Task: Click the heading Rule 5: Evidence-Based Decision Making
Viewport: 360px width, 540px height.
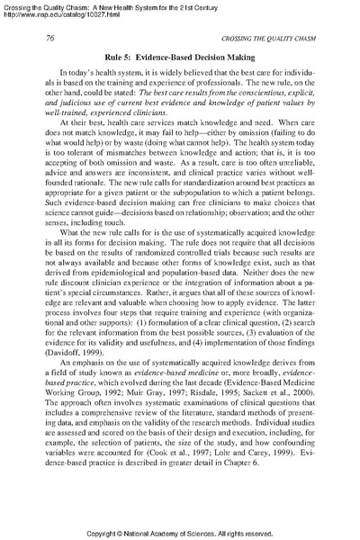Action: pyautogui.click(x=179, y=56)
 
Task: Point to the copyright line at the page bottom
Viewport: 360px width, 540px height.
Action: pyautogui.click(x=179, y=531)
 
